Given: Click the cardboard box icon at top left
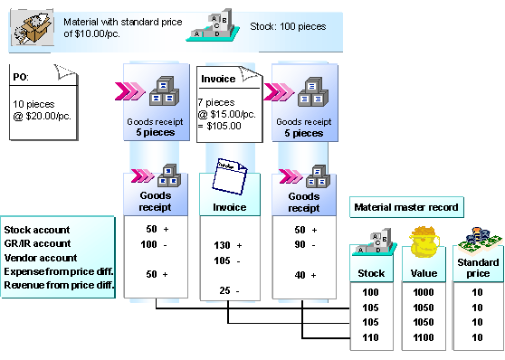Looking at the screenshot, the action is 33,28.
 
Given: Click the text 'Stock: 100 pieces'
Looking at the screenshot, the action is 288,26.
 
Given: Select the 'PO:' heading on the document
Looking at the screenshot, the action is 21,77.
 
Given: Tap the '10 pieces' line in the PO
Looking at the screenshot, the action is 33,104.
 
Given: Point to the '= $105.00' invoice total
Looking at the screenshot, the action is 220,126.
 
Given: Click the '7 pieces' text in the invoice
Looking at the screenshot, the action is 216,102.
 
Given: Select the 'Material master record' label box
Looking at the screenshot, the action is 406,207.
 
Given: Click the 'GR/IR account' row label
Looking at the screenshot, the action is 37,243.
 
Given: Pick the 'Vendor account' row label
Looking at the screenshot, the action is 41,258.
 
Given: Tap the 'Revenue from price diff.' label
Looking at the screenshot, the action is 59,285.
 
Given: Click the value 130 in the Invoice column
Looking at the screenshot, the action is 222,245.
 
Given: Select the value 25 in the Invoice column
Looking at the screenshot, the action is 224,290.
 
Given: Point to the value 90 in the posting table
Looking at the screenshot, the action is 300,244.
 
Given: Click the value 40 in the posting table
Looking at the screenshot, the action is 300,275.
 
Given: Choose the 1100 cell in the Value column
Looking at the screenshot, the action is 424,337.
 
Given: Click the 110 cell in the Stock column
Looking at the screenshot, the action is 371,337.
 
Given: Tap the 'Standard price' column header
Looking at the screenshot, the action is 478,268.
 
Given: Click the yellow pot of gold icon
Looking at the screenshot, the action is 424,241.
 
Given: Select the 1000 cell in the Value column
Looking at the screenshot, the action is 424,292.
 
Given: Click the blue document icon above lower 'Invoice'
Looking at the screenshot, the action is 229,176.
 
